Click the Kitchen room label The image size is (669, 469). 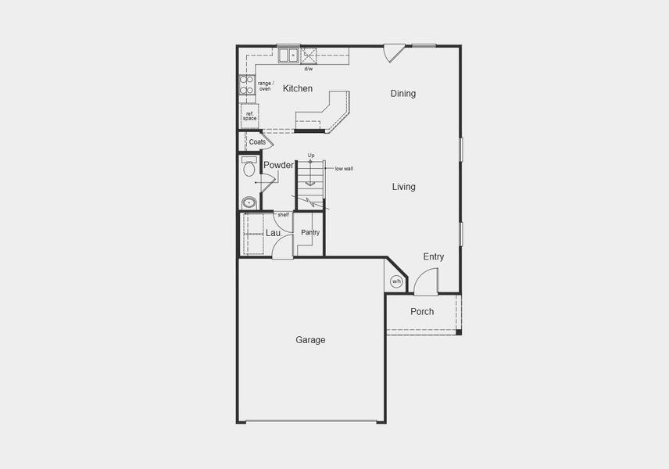pyautogui.click(x=298, y=89)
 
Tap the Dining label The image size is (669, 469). pyautogui.click(x=403, y=94)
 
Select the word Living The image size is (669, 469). pyautogui.click(x=403, y=187)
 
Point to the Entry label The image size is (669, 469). pyautogui.click(x=434, y=257)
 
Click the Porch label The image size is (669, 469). pyautogui.click(x=422, y=312)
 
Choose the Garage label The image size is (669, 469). pyautogui.click(x=310, y=340)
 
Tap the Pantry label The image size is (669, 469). pyautogui.click(x=310, y=232)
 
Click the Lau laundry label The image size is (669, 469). pyautogui.click(x=273, y=233)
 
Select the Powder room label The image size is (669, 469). pyautogui.click(x=278, y=165)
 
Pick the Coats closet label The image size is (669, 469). pyautogui.click(x=257, y=142)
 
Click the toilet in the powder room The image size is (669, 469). pyautogui.click(x=249, y=166)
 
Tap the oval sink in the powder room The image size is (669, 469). pyautogui.click(x=249, y=202)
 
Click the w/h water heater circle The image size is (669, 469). pyautogui.click(x=396, y=281)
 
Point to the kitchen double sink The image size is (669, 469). pyautogui.click(x=288, y=55)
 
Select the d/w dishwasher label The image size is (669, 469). pyautogui.click(x=309, y=69)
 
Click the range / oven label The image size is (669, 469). pyautogui.click(x=265, y=85)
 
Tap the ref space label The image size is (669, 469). pyautogui.click(x=249, y=116)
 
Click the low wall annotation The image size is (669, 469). pyautogui.click(x=344, y=168)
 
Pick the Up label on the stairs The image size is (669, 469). pyautogui.click(x=311, y=155)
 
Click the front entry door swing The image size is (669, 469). pyautogui.click(x=426, y=281)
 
